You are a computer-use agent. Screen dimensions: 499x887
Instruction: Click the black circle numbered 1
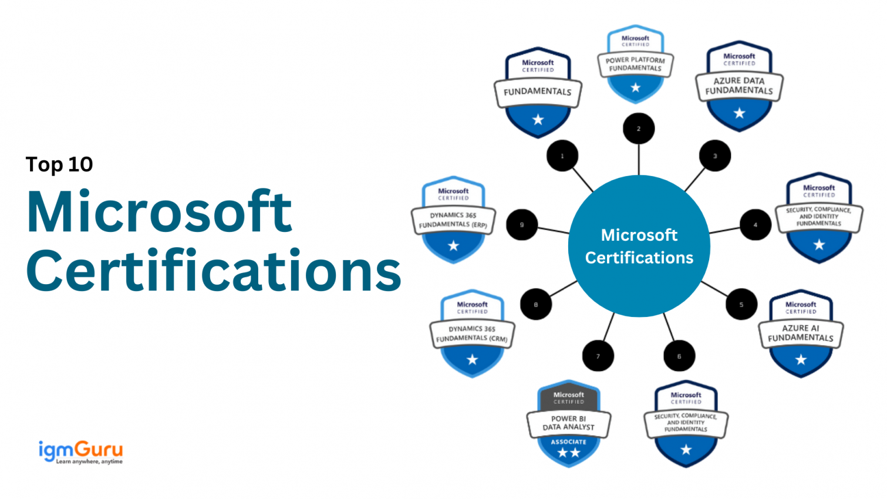point(562,156)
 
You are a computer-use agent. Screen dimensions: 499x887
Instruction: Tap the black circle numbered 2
point(639,129)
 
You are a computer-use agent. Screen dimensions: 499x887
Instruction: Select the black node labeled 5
point(741,305)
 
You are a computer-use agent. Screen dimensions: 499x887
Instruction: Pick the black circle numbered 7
point(598,356)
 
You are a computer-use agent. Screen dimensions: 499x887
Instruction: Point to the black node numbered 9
point(522,225)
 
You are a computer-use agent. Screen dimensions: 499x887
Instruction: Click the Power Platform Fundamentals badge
point(635,65)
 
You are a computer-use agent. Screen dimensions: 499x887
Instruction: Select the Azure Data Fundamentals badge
point(739,86)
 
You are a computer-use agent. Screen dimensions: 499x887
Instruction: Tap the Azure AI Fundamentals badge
point(801,333)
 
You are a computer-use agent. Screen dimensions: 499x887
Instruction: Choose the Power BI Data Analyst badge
point(568,424)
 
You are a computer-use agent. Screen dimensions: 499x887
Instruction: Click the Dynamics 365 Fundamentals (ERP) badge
point(453,220)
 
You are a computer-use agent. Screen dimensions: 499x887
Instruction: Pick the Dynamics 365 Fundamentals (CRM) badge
point(472,333)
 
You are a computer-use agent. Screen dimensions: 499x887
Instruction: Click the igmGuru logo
point(80,452)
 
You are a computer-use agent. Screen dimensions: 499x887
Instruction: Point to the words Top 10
point(59,164)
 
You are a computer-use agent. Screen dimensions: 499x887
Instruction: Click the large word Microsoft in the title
point(159,212)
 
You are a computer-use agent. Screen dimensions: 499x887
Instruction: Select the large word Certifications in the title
point(214,271)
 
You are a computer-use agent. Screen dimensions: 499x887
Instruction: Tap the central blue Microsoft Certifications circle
point(639,246)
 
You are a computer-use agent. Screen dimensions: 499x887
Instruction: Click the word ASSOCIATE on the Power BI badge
point(568,442)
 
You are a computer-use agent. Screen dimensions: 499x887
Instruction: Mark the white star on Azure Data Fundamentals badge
point(739,113)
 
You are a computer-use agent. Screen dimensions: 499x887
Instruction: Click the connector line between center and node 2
point(639,160)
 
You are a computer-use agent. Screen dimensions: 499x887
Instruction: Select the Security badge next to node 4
point(819,218)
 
